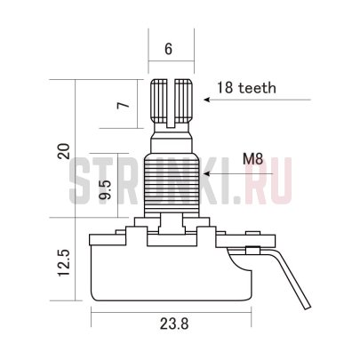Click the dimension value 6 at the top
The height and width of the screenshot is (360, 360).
click(x=168, y=49)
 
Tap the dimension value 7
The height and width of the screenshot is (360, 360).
click(x=124, y=105)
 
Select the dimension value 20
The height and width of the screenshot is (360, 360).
click(x=64, y=151)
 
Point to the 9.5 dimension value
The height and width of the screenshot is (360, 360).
click(x=105, y=189)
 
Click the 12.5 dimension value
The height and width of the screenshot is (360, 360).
click(x=64, y=263)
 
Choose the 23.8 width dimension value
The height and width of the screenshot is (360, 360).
click(x=174, y=324)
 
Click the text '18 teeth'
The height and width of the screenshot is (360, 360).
click(x=246, y=88)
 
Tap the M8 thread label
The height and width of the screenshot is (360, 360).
click(x=252, y=159)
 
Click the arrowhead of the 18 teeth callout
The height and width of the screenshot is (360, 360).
click(x=206, y=100)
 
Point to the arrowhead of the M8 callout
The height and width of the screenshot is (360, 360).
click(x=206, y=173)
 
